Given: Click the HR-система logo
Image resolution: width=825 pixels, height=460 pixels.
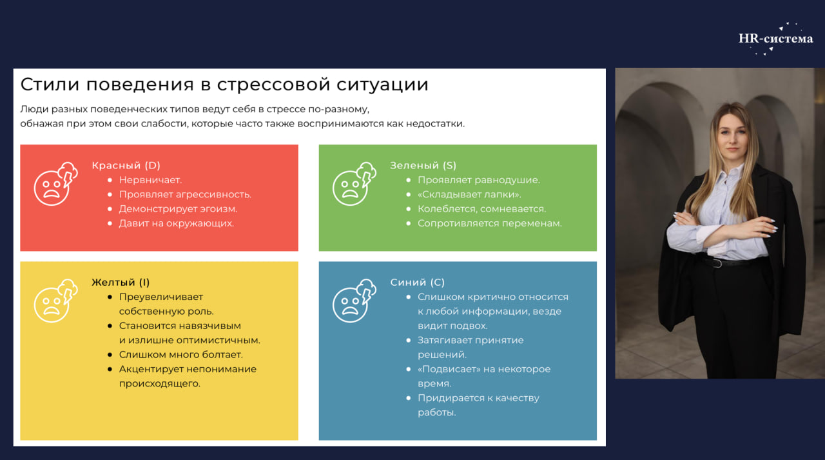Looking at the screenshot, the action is (x=775, y=39).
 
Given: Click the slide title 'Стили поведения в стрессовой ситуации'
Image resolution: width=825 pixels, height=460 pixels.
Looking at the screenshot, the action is (x=224, y=85).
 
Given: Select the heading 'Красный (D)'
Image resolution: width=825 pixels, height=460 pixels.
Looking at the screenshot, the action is (x=126, y=166).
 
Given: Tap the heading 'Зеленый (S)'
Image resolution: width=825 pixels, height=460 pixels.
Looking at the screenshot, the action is (x=423, y=166).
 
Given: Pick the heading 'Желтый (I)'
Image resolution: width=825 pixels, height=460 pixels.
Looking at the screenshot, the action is (x=121, y=283).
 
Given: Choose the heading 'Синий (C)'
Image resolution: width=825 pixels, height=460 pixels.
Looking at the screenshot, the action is (x=417, y=283).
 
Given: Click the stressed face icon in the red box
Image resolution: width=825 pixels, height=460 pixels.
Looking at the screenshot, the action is (x=55, y=184).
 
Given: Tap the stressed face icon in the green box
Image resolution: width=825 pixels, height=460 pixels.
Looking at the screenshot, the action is (x=354, y=184).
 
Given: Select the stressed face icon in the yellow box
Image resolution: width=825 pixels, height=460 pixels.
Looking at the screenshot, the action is (x=55, y=301).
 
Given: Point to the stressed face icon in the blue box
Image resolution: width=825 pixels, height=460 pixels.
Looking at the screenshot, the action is (x=354, y=301).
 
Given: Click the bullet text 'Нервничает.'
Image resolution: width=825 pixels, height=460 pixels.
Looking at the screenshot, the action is (x=151, y=180).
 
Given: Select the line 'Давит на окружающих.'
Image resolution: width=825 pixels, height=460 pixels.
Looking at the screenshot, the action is (x=177, y=223).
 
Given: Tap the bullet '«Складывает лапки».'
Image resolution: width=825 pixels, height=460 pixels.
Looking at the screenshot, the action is (x=469, y=195).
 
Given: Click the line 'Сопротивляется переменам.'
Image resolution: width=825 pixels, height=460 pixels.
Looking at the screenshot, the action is (x=489, y=223).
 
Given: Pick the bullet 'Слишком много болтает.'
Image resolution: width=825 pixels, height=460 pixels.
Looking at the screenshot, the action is (x=181, y=355).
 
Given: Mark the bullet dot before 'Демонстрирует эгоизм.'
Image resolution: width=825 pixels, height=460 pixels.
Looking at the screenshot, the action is (x=110, y=209).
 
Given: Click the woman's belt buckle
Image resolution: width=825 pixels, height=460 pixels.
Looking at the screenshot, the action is (x=716, y=263).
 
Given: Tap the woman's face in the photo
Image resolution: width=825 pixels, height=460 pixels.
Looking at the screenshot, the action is (x=733, y=135).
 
